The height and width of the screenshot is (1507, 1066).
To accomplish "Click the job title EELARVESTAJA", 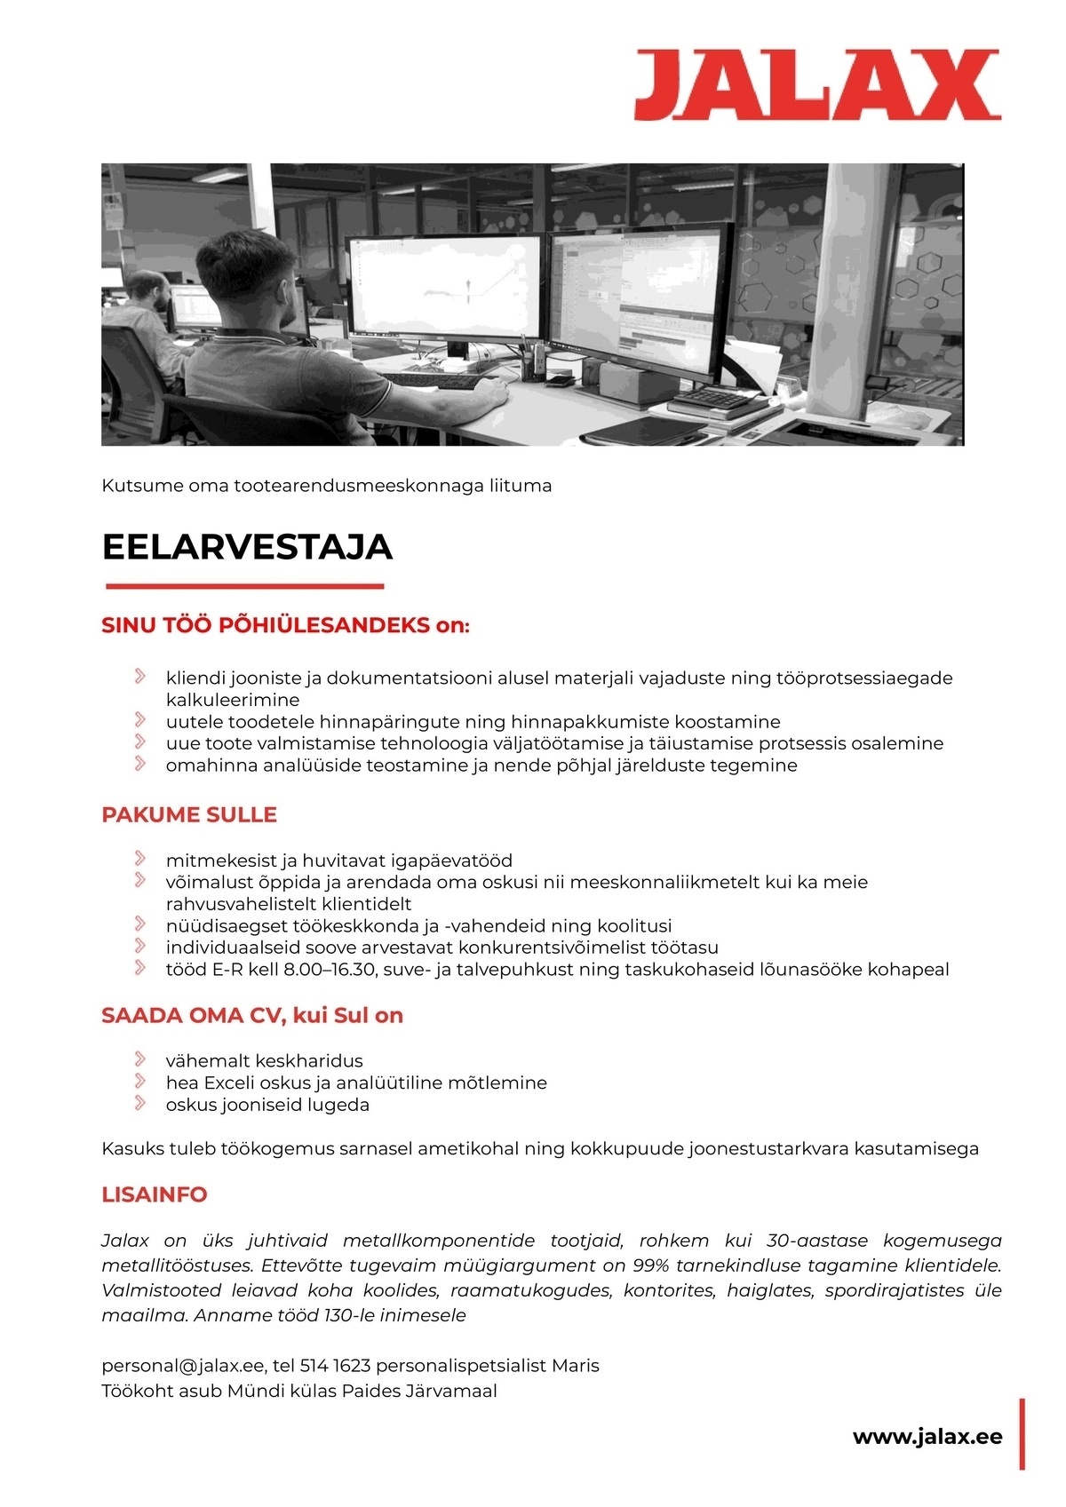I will pos(247,547).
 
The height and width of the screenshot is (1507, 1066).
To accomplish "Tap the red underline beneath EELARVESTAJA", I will pos(244,586).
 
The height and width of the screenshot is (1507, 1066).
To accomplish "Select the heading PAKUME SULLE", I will pos(189,814).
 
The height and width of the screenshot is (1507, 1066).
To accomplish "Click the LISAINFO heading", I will pos(155,1194).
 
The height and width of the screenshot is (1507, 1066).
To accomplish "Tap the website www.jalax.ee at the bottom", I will pos(927,1437).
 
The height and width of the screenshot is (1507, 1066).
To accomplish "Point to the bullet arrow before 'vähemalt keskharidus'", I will pos(140,1059).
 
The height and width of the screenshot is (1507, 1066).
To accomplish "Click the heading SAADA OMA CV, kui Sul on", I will pos(252,1015).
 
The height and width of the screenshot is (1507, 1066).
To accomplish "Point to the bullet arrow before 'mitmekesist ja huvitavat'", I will pos(140,859).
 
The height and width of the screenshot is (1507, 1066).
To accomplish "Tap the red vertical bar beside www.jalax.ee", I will pos(1022,1433).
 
